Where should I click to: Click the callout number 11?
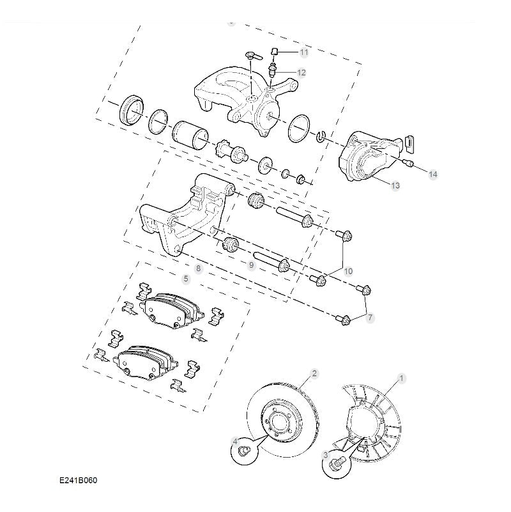pos(303,52)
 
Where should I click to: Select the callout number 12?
pos(301,73)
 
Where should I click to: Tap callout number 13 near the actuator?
pos(395,185)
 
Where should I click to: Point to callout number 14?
pos(433,174)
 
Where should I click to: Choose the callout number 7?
pos(370,317)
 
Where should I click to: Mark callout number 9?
pos(252,264)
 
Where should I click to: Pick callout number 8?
pos(198,268)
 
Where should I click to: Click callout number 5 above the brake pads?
pos(186,279)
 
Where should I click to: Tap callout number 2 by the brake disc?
pos(314,373)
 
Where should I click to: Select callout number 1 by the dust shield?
pos(402,378)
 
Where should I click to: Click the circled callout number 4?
pos(235,442)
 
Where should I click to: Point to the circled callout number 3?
pos(326,455)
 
